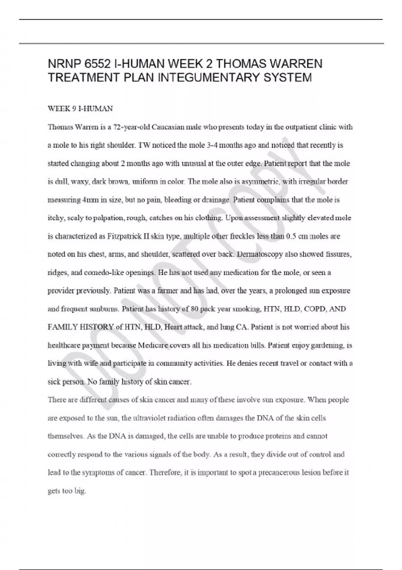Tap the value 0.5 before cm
[290, 236]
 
